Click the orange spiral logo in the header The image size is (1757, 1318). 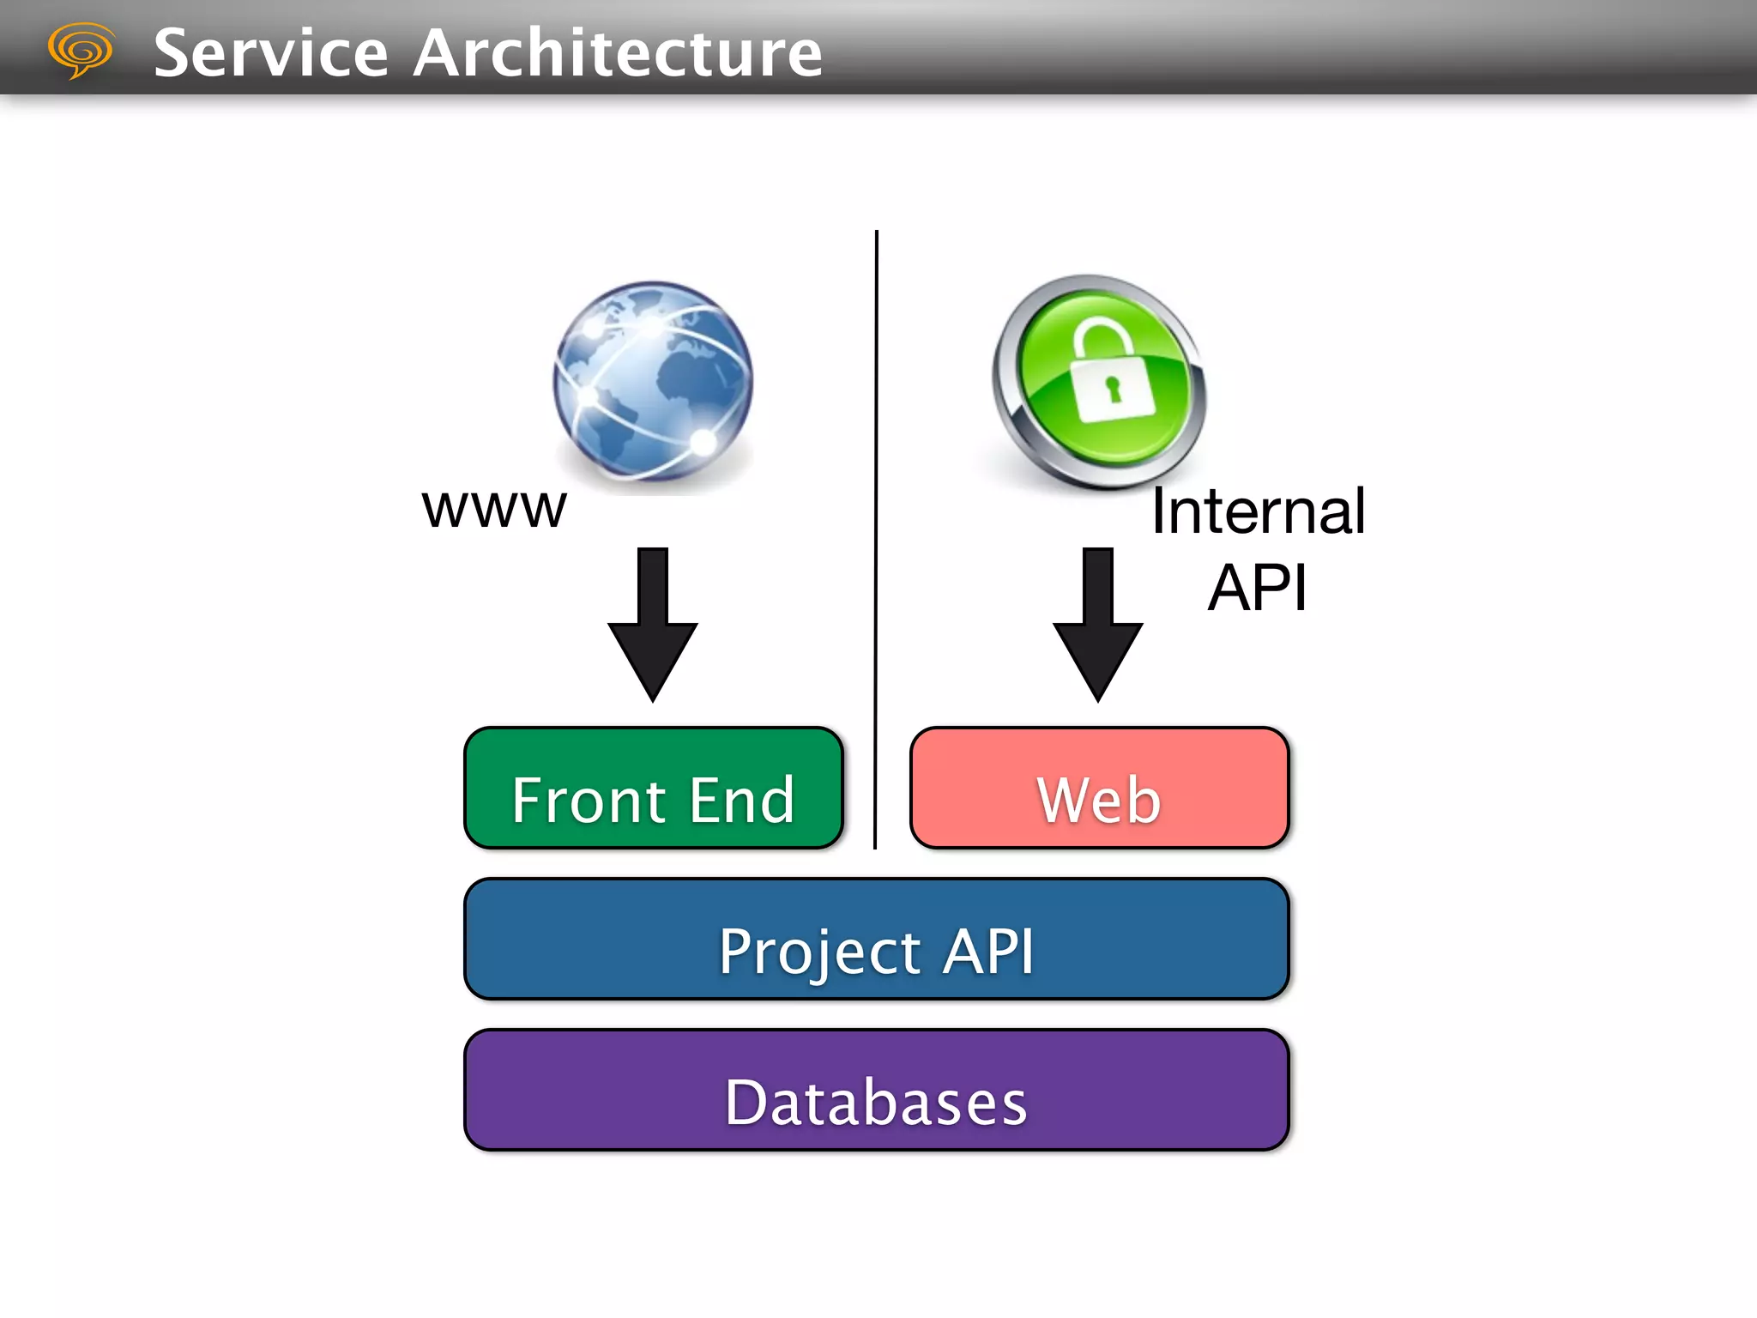[x=80, y=50]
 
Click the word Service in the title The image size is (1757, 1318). [x=271, y=53]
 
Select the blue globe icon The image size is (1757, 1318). [x=653, y=381]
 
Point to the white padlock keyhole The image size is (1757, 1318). [x=1113, y=389]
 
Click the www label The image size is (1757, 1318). [x=494, y=508]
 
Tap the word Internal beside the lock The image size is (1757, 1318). [x=1258, y=511]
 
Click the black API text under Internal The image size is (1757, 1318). [x=1258, y=588]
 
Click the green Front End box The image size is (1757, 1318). [x=653, y=788]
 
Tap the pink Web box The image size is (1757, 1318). [x=1099, y=788]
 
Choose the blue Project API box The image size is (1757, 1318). [x=876, y=939]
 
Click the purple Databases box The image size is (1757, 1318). [x=876, y=1090]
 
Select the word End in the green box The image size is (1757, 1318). [x=742, y=801]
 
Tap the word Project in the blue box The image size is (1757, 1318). [x=819, y=952]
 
